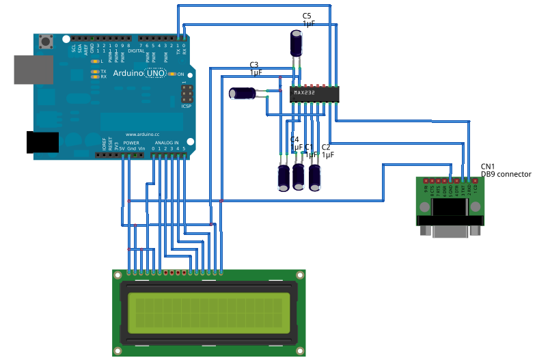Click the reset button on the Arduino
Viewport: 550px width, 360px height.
(x=46, y=42)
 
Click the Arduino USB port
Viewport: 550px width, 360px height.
(x=33, y=69)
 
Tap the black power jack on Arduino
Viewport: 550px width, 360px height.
(x=42, y=141)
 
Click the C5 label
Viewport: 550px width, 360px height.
(x=307, y=15)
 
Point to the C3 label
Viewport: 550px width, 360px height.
(x=253, y=65)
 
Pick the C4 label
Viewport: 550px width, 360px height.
(x=294, y=139)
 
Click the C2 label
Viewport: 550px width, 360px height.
(x=326, y=147)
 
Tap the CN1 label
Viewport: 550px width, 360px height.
(x=488, y=167)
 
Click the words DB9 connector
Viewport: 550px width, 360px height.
(x=506, y=175)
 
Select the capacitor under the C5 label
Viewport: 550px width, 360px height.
(x=297, y=43)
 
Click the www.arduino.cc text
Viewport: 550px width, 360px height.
(x=142, y=135)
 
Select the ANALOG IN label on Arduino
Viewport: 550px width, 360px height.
(x=167, y=143)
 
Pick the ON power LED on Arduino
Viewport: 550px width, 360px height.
(x=171, y=74)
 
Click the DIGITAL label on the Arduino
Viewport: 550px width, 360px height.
(x=136, y=51)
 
